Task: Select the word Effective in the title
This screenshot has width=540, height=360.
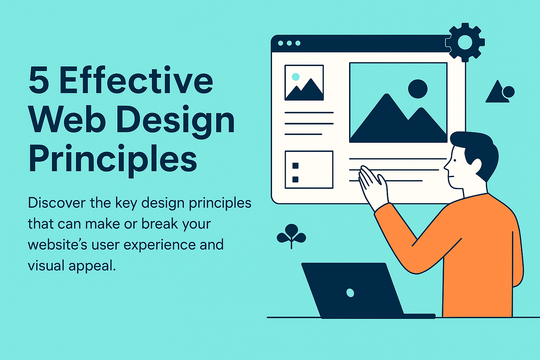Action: click(x=136, y=79)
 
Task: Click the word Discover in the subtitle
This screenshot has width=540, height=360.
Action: click(x=57, y=203)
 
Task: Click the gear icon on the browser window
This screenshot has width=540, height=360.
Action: click(x=465, y=43)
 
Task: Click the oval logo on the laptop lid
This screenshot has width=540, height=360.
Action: click(x=350, y=293)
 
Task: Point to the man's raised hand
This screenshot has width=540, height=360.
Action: click(x=373, y=186)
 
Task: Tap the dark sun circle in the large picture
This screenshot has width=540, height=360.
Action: click(x=418, y=89)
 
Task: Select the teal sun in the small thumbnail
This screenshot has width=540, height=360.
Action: click(x=296, y=77)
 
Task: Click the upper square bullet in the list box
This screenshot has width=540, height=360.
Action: click(x=295, y=166)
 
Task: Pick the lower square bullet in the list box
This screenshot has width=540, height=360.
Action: click(x=295, y=179)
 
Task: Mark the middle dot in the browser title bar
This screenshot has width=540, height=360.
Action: click(x=289, y=43)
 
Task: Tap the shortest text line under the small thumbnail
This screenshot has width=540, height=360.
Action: click(x=303, y=134)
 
